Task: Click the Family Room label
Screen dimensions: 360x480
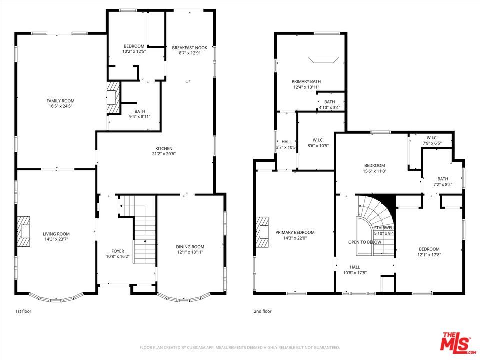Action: (60, 101)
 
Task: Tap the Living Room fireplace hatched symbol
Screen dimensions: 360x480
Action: (24, 231)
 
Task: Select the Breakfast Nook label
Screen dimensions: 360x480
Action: (189, 48)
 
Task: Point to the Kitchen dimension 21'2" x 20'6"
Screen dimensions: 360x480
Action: (164, 154)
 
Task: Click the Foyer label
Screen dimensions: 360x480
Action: (118, 251)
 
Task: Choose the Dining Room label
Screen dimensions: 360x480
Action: (190, 247)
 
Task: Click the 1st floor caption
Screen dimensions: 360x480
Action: (23, 311)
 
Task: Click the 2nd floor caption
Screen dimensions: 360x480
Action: (263, 311)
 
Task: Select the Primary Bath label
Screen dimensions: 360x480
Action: (306, 81)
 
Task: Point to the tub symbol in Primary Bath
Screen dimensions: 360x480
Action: (323, 60)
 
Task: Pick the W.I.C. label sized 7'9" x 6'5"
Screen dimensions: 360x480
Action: (432, 138)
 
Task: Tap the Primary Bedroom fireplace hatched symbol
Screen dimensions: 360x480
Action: (262, 232)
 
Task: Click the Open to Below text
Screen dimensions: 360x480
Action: (365, 242)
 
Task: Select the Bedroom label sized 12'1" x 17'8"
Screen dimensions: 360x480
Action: (429, 249)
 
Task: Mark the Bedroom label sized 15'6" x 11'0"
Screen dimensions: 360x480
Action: (374, 166)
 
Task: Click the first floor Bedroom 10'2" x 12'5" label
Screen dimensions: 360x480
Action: (134, 46)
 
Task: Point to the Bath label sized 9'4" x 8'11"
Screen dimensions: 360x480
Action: (140, 111)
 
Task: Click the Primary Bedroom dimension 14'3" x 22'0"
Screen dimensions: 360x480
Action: (295, 238)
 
